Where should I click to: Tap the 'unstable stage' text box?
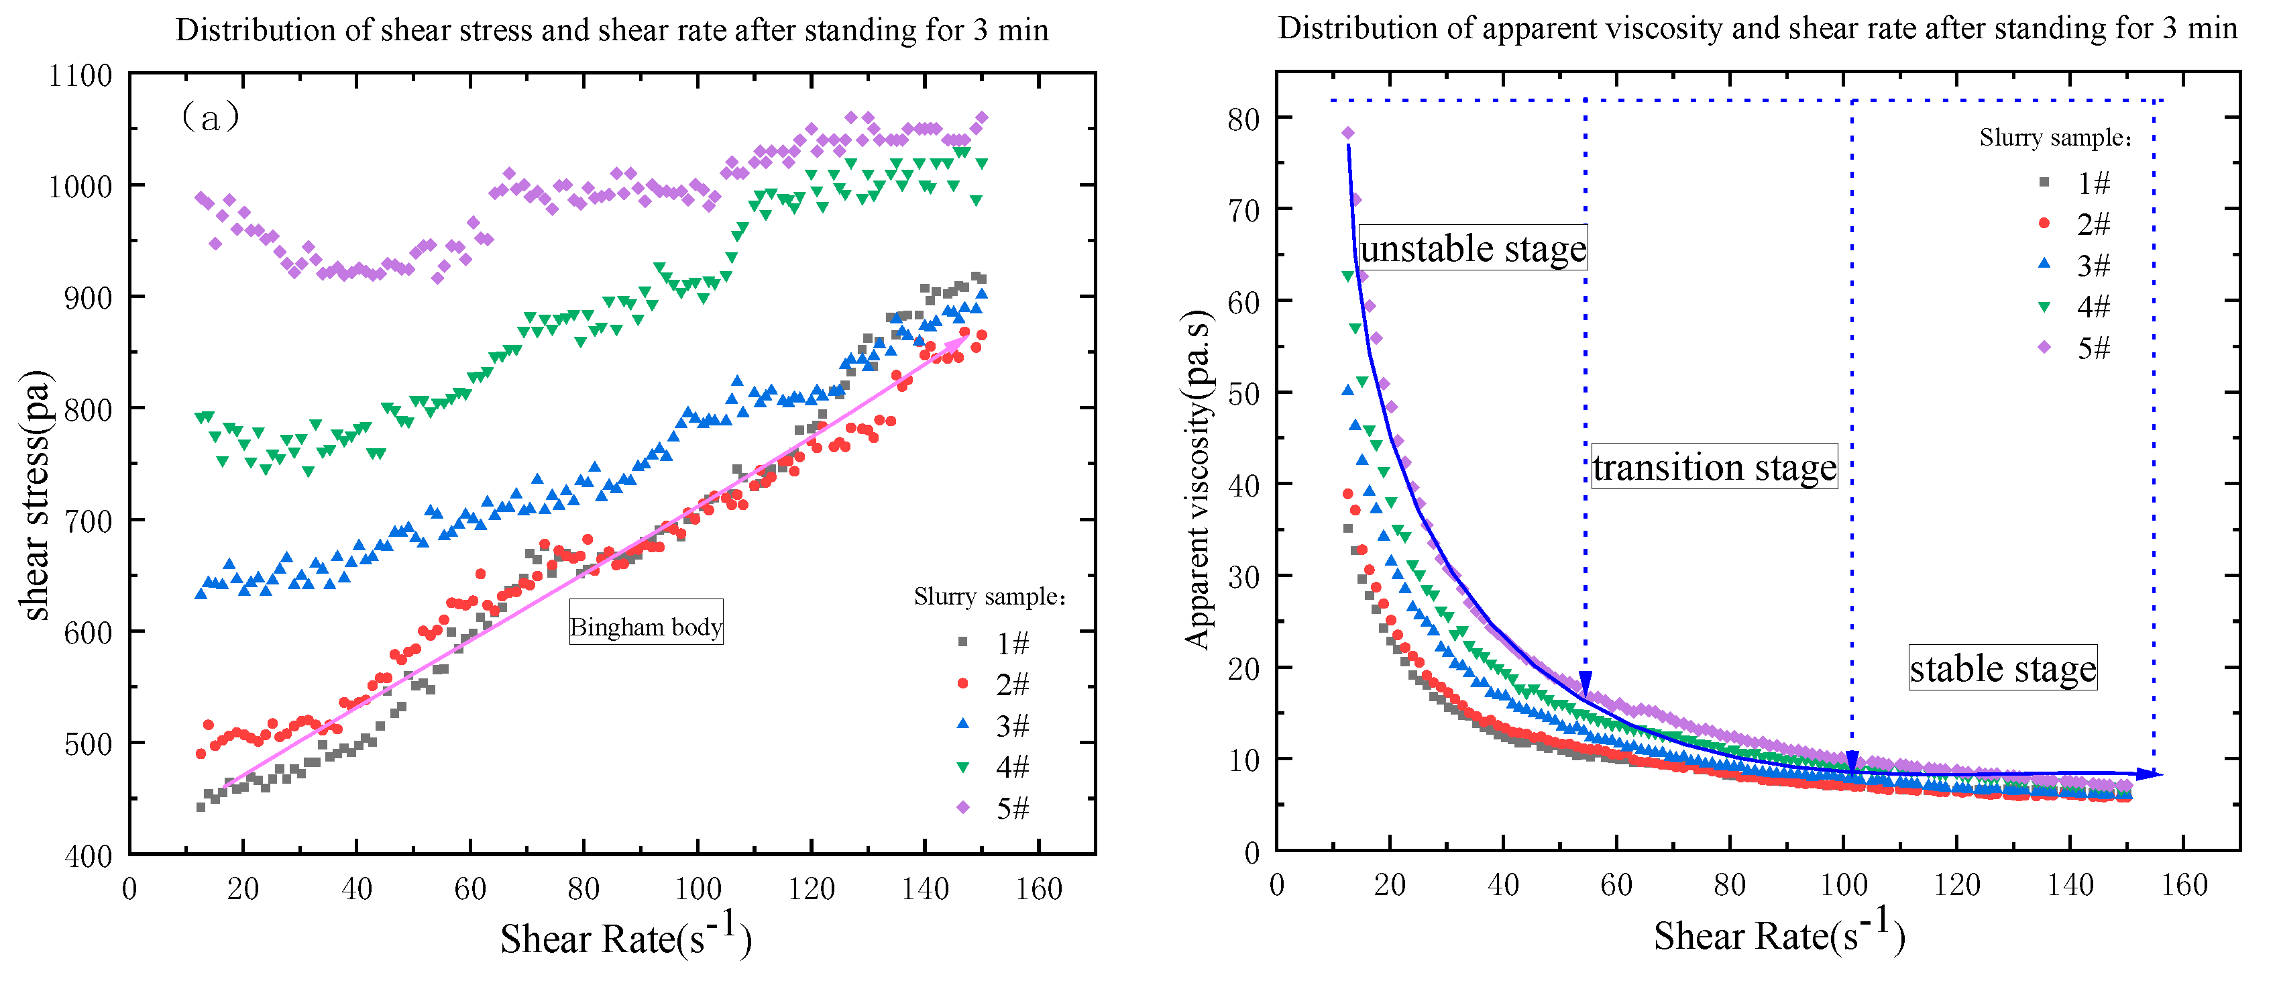coord(1473,248)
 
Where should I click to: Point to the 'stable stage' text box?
coord(2002,668)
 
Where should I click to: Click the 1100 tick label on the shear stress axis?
coord(80,76)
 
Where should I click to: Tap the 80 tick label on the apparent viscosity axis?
coord(1243,119)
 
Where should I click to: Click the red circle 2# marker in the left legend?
coord(962,683)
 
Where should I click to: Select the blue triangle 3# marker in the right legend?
coord(2044,264)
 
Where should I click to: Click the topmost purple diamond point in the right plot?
coord(1348,134)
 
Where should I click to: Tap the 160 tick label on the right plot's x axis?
coord(2184,886)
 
